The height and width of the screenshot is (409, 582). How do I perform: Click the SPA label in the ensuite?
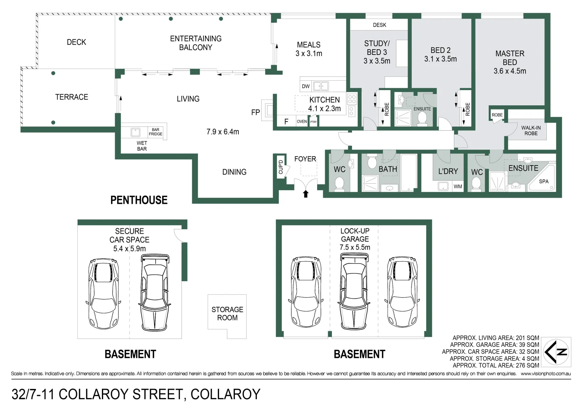coord(544,181)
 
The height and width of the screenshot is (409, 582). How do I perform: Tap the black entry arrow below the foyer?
coord(306,194)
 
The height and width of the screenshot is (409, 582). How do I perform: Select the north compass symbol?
coord(557,352)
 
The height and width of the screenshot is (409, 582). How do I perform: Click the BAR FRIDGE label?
coord(155,132)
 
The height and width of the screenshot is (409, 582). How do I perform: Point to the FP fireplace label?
coord(255,112)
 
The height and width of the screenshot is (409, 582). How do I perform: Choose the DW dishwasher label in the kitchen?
coord(306,86)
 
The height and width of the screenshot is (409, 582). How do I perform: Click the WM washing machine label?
coord(458,186)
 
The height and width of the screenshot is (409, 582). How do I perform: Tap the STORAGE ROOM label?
coord(227,314)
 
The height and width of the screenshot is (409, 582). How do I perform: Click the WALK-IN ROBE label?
coord(531,131)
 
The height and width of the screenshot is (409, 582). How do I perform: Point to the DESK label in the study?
coord(379,25)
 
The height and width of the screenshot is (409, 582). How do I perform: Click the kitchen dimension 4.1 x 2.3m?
coord(324,109)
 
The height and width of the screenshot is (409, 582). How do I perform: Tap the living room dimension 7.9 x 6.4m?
coord(222,132)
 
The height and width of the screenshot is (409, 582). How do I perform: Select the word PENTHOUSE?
coord(139,200)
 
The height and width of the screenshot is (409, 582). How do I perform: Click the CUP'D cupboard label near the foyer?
coord(281,167)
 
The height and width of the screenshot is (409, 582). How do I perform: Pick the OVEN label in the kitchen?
coord(302,122)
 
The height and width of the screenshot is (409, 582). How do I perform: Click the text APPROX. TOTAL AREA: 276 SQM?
coord(496,365)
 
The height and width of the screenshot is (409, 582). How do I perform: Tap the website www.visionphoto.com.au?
coord(545,374)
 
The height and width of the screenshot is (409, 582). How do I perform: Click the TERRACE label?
coord(72,97)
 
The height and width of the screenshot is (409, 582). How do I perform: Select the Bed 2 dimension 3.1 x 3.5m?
coord(440,59)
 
